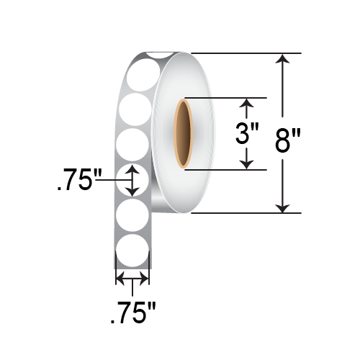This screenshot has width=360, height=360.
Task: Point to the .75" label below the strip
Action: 132,314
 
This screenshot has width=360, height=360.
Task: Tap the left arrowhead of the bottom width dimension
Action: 120,279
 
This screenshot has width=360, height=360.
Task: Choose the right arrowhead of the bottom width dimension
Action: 145,279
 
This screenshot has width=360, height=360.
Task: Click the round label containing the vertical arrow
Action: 132,180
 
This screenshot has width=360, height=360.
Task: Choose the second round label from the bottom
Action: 132,215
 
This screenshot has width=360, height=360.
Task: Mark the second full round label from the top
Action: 132,110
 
